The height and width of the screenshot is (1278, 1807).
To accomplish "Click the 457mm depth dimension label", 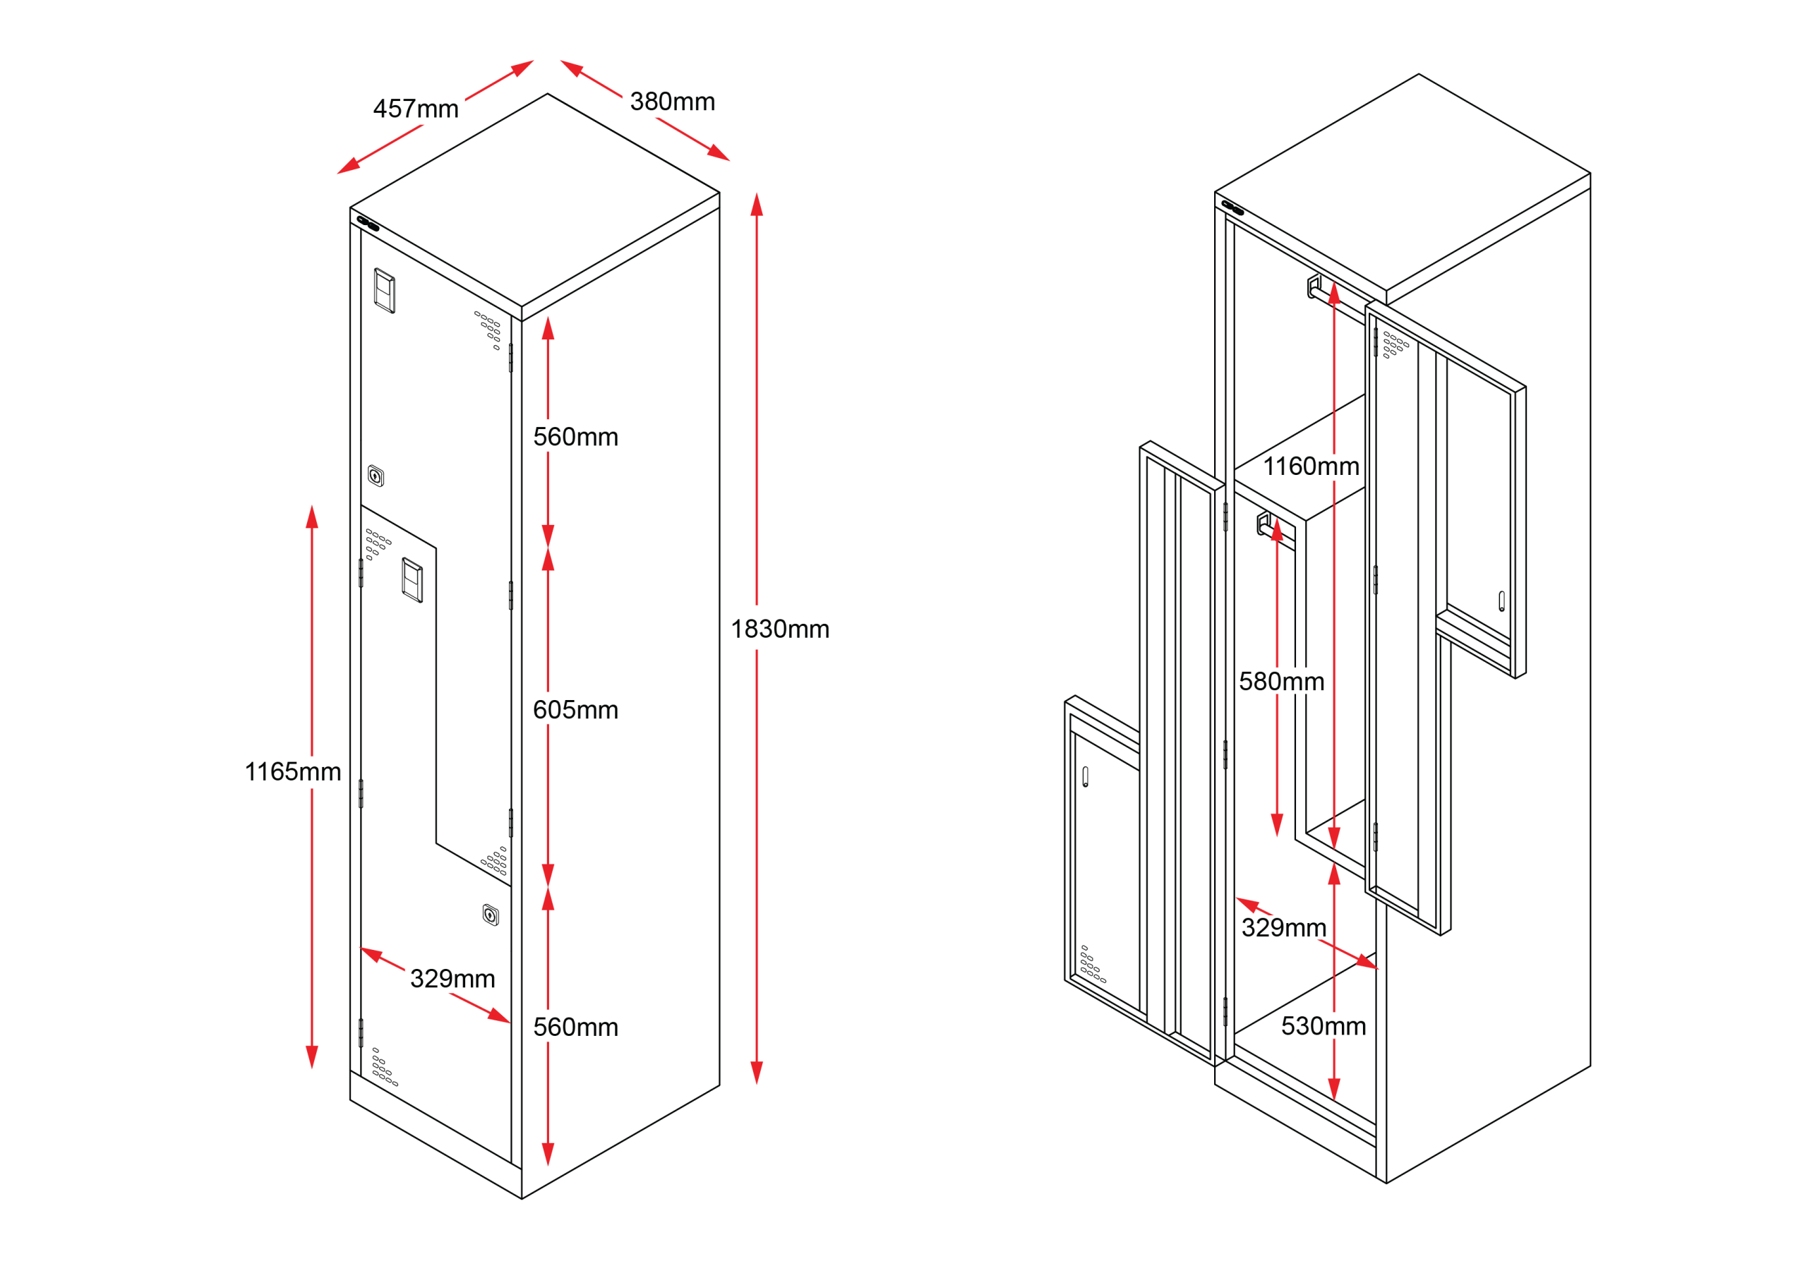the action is pyautogui.click(x=416, y=109).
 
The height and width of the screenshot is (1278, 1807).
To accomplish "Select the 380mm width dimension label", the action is pyautogui.click(x=672, y=102).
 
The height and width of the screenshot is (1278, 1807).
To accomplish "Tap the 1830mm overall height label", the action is pyautogui.click(x=780, y=629).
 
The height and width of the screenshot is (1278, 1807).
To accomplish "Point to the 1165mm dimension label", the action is pyautogui.click(x=293, y=771).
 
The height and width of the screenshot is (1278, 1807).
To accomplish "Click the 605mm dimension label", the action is pyautogui.click(x=575, y=710).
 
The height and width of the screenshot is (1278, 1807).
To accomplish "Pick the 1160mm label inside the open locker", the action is pyautogui.click(x=1311, y=466).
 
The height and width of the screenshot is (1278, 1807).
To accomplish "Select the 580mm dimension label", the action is pyautogui.click(x=1281, y=682).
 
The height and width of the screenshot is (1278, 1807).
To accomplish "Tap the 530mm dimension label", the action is pyautogui.click(x=1323, y=1026).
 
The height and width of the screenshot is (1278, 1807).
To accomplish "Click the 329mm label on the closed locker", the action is pyautogui.click(x=452, y=978).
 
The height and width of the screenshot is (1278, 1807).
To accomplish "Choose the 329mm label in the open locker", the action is pyautogui.click(x=1284, y=928).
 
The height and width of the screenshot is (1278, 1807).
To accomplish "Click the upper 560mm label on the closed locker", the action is pyautogui.click(x=575, y=437).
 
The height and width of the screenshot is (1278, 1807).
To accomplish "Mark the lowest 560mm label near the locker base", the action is pyautogui.click(x=575, y=1027).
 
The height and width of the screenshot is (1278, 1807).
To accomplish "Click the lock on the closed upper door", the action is pyautogui.click(x=376, y=476).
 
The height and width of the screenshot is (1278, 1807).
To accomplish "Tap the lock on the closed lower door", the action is pyautogui.click(x=491, y=915).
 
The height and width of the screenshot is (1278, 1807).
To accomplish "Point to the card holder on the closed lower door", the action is pyautogui.click(x=412, y=580).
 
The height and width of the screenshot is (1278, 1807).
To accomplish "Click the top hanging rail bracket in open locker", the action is pyautogui.click(x=1314, y=287).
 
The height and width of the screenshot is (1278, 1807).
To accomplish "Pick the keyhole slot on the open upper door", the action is pyautogui.click(x=1501, y=601).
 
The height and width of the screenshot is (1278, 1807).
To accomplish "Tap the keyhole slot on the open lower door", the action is pyautogui.click(x=1086, y=777).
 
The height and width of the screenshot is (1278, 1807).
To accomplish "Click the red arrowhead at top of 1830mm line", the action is pyautogui.click(x=757, y=205).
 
